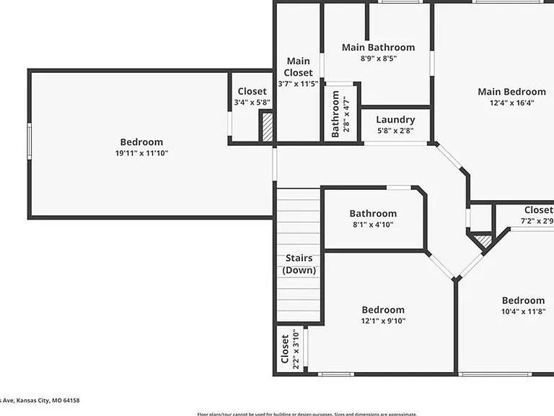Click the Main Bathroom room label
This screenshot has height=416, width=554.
(378, 48)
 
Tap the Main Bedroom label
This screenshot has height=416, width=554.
(511, 92)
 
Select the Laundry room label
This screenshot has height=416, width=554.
(395, 119)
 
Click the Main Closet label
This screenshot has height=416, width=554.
(299, 66)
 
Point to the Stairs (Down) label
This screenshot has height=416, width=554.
(299, 264)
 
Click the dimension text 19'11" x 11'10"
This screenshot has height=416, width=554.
(141, 153)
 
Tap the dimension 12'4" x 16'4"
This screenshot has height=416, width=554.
(511, 103)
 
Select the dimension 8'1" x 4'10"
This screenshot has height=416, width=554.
(373, 225)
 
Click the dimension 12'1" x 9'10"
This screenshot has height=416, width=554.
(383, 321)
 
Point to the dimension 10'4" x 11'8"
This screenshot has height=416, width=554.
(523, 311)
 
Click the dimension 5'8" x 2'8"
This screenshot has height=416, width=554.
(395, 131)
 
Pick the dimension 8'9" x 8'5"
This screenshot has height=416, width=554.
(378, 58)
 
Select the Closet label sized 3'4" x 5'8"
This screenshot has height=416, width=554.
(252, 92)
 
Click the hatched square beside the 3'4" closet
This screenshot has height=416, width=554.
(267, 127)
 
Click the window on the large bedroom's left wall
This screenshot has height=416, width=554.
(29, 140)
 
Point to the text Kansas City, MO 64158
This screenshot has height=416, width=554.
(44, 400)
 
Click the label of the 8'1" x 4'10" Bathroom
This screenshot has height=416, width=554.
(373, 213)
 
